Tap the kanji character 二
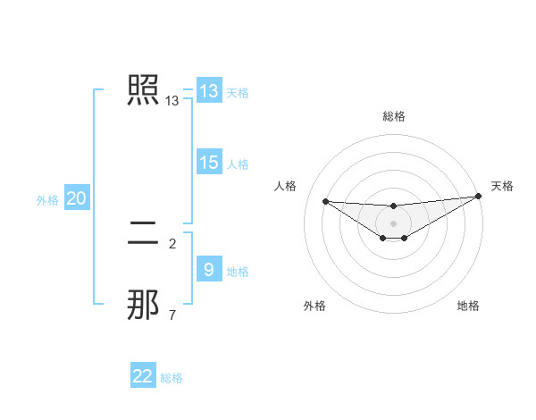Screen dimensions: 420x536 pyautogui.click(x=144, y=234)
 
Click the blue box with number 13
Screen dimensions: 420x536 pyautogui.click(x=209, y=91)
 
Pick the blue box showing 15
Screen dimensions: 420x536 pyautogui.click(x=209, y=163)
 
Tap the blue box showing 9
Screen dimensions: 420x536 pyautogui.click(x=209, y=269)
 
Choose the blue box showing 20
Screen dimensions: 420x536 pyautogui.click(x=77, y=198)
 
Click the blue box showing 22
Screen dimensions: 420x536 pyautogui.click(x=143, y=376)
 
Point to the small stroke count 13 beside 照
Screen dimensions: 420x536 pyautogui.click(x=172, y=101)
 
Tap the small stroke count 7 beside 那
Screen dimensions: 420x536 pyautogui.click(x=172, y=315)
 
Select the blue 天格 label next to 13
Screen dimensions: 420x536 pyautogui.click(x=238, y=92)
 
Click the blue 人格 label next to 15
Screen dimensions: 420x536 pyautogui.click(x=238, y=164)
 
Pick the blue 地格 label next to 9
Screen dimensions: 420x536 pyautogui.click(x=238, y=271)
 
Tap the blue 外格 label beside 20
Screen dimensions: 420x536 pyautogui.click(x=47, y=200)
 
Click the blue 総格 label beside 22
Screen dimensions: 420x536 pyautogui.click(x=172, y=378)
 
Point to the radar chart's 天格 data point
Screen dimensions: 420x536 pyautogui.click(x=478, y=197)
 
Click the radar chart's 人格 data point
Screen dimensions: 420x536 pyautogui.click(x=325, y=201)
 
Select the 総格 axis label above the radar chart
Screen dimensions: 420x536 pyautogui.click(x=393, y=115)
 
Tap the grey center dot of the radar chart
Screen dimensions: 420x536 pyautogui.click(x=393, y=223)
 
